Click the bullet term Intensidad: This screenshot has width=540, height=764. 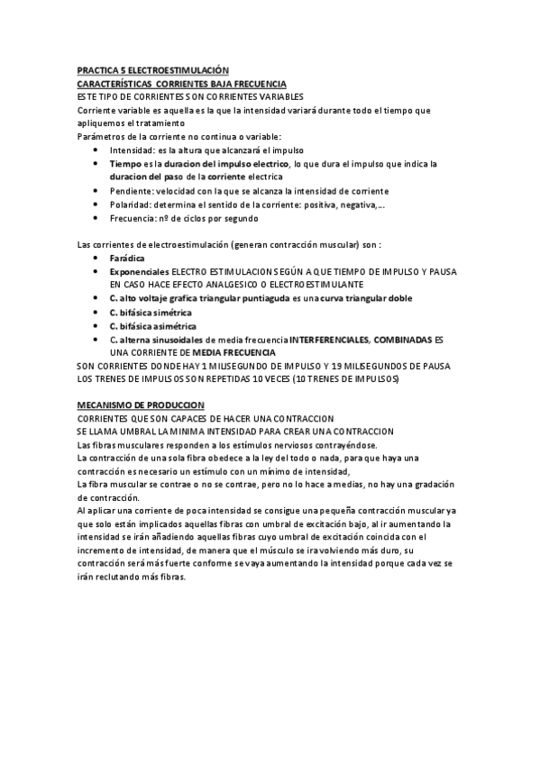(x=133, y=150)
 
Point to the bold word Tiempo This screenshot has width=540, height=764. (x=125, y=164)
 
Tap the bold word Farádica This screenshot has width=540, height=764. (x=128, y=258)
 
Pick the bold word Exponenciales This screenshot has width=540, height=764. (x=139, y=271)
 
